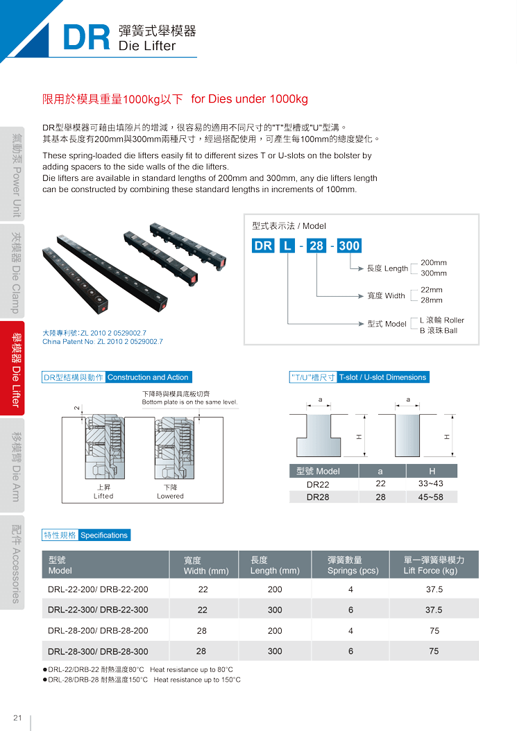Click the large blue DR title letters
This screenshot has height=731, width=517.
pyautogui.click(x=86, y=37)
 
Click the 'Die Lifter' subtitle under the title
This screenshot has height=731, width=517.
pyautogui.click(x=147, y=46)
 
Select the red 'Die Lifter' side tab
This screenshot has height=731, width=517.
pyautogui.click(x=12, y=368)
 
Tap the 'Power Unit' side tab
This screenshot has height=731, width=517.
pyautogui.click(x=12, y=174)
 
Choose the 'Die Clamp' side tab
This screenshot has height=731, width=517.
pyautogui.click(x=12, y=271)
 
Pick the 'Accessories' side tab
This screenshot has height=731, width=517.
pyautogui.click(x=12, y=562)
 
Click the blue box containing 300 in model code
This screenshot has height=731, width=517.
pyautogui.click(x=349, y=246)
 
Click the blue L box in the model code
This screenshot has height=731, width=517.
pyautogui.click(x=287, y=246)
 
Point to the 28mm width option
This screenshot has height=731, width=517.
pyautogui.click(x=432, y=300)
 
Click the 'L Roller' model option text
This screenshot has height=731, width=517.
pyautogui.click(x=442, y=320)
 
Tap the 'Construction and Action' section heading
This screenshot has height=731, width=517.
pyautogui.click(x=148, y=377)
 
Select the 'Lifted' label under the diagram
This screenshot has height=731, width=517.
pyautogui.click(x=103, y=496)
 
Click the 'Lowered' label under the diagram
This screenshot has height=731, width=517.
pyautogui.click(x=170, y=496)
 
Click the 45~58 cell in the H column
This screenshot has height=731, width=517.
pyautogui.click(x=431, y=497)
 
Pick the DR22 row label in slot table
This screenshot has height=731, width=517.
pyautogui.click(x=318, y=484)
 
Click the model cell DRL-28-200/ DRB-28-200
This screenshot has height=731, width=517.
pyautogui.click(x=98, y=630)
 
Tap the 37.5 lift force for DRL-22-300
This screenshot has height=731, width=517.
pyautogui.click(x=434, y=610)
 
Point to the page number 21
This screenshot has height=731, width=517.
pyautogui.click(x=18, y=718)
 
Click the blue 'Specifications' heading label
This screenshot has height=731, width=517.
pyautogui.click(x=104, y=535)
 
